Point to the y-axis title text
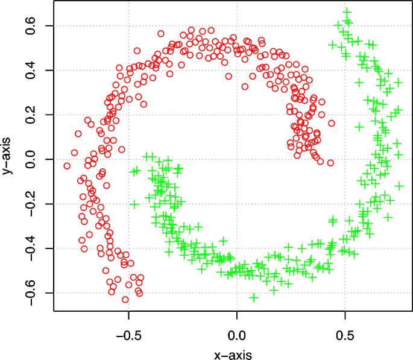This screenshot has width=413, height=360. [x=8, y=159]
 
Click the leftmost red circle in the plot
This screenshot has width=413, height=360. [x=67, y=166]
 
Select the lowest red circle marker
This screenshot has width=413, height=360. [x=125, y=299]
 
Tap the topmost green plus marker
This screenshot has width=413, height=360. [x=347, y=11]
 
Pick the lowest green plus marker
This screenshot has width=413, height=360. [x=254, y=297]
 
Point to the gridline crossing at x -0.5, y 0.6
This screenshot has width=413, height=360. [x=128, y=26]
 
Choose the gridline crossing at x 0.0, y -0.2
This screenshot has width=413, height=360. [x=237, y=204]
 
